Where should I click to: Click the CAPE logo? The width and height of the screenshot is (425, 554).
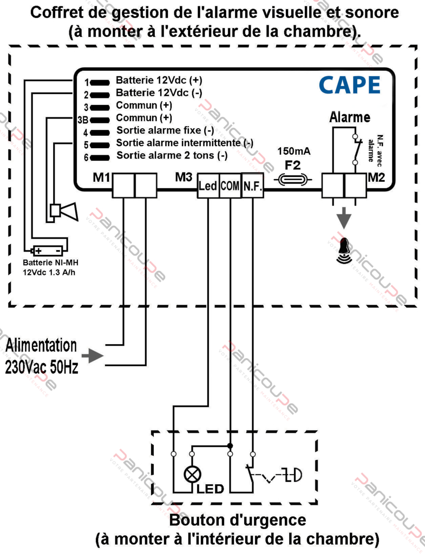[x=349, y=85]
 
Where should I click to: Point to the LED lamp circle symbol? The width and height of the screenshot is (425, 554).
[x=192, y=474]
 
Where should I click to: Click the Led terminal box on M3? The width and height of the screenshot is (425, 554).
[x=208, y=186]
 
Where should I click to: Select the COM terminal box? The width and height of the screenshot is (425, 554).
[x=231, y=186]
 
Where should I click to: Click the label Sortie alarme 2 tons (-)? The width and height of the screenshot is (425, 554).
[x=172, y=156]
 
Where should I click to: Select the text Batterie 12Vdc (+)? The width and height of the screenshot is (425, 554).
[x=159, y=80]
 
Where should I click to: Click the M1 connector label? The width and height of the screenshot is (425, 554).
[x=101, y=177]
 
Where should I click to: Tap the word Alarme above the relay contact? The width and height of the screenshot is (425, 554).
[x=350, y=117]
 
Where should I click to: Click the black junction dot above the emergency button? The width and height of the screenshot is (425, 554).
[x=231, y=446]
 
